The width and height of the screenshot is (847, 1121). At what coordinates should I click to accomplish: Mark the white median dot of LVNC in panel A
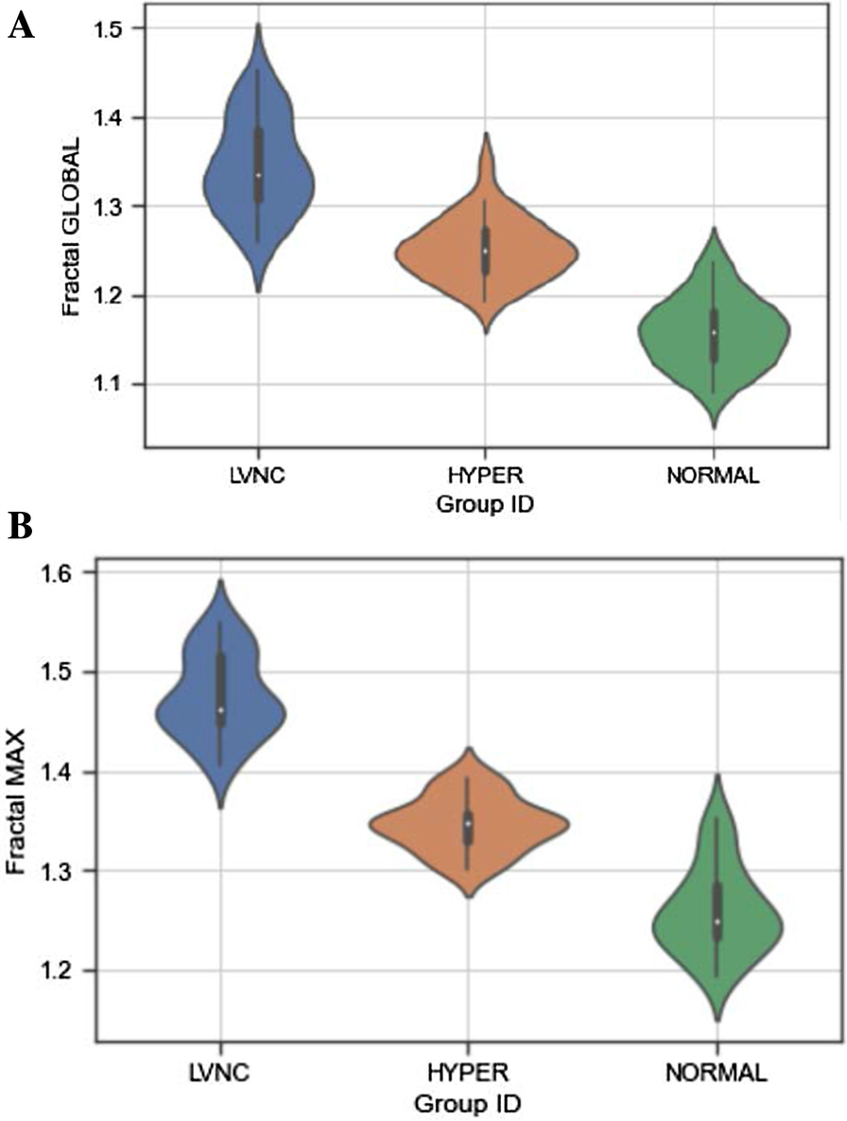coord(258,175)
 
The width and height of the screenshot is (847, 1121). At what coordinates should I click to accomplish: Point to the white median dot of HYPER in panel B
coord(468,823)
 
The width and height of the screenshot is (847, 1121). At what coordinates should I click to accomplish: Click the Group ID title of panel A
coord(485,505)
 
